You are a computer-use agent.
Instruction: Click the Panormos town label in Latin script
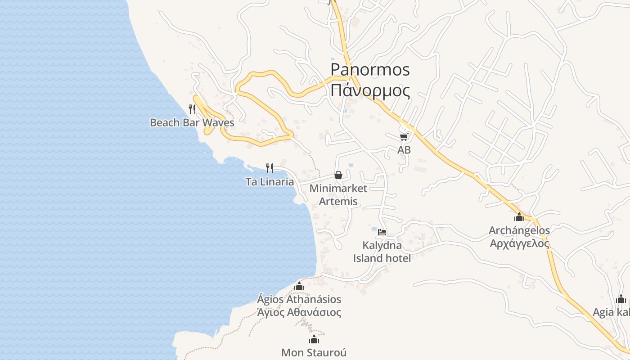click(x=370, y=70)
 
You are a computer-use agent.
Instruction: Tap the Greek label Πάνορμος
click(x=370, y=90)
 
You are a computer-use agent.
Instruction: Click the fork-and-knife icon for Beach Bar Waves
click(x=192, y=109)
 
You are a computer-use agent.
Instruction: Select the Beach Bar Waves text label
click(x=192, y=122)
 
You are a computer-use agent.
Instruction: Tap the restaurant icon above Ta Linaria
click(x=270, y=168)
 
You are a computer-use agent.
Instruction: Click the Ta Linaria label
click(x=270, y=182)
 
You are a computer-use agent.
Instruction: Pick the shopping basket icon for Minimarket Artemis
click(x=338, y=175)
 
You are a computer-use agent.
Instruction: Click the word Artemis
click(x=338, y=201)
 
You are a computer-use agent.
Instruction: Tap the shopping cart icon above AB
click(x=404, y=136)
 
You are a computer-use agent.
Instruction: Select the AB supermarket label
click(x=404, y=150)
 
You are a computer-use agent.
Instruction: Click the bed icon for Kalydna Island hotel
click(x=382, y=232)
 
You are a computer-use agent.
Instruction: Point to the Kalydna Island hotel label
click(x=382, y=252)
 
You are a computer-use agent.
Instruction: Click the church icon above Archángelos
click(x=519, y=217)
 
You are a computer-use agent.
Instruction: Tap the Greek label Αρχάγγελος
click(x=519, y=243)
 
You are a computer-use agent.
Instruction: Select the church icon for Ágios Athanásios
click(x=299, y=286)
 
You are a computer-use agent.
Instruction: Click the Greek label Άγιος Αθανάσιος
click(x=299, y=312)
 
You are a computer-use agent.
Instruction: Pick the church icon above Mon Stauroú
click(x=314, y=339)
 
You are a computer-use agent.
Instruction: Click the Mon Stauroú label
click(x=314, y=352)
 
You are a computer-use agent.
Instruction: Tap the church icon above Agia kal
click(x=621, y=299)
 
